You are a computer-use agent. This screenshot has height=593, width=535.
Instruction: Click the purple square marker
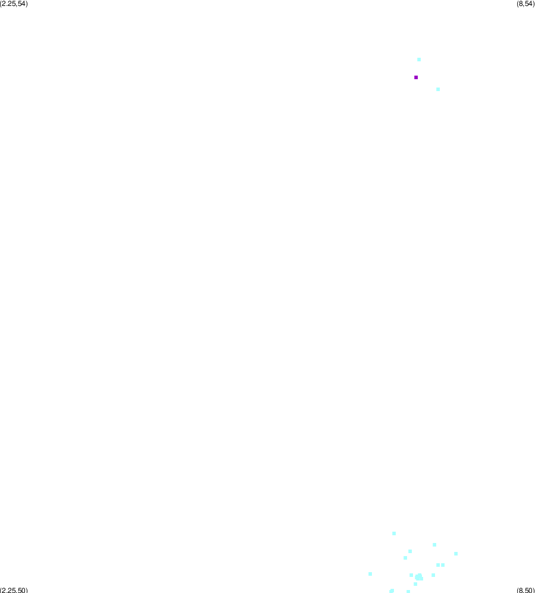pos(416,77)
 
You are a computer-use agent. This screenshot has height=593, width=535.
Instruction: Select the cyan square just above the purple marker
pos(419,60)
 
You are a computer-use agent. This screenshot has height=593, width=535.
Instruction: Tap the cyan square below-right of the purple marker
pos(438,89)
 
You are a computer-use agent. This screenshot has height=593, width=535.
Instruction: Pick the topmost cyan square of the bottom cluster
pos(394,533)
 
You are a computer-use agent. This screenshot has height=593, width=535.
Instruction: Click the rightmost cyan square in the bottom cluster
pos(456,554)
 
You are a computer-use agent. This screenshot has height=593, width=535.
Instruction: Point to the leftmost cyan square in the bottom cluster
pos(370,574)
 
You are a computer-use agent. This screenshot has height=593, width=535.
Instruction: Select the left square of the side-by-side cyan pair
pos(438,565)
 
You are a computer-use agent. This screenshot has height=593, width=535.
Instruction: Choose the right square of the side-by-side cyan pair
pos(443,565)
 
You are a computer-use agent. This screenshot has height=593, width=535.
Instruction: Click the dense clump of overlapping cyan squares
pos(419,577)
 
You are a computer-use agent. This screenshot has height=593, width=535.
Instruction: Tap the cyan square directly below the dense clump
pos(415,584)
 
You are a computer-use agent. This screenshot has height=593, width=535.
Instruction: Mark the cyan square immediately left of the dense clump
pos(411,575)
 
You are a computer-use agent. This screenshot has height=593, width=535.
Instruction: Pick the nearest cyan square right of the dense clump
pos(433,575)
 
